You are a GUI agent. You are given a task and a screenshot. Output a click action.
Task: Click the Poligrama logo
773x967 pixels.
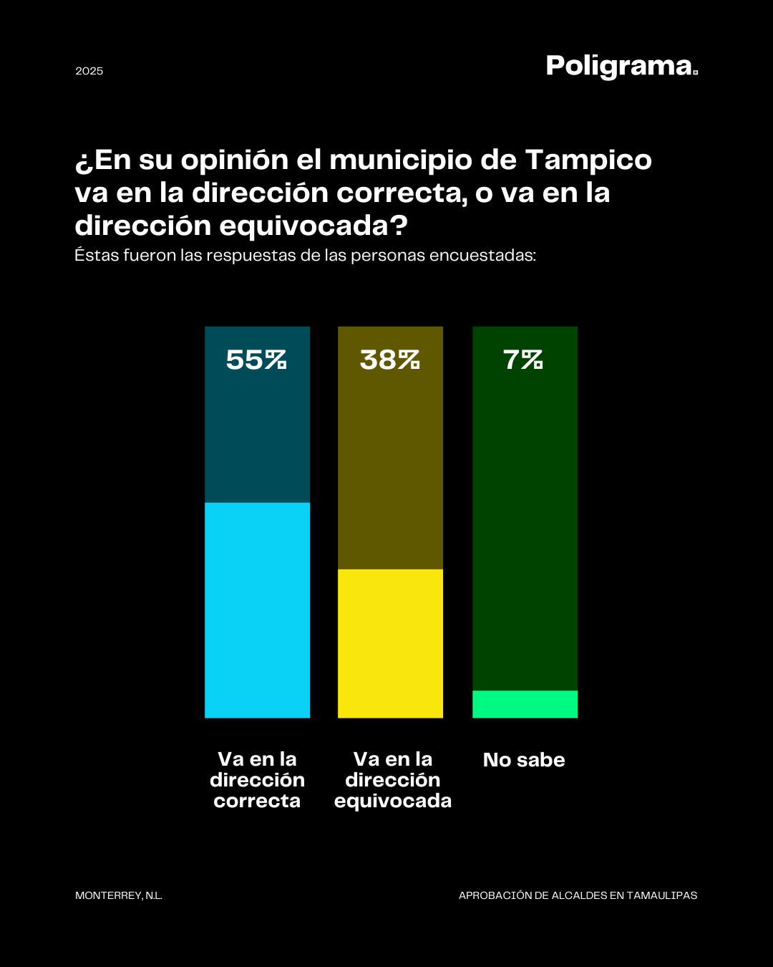(x=621, y=66)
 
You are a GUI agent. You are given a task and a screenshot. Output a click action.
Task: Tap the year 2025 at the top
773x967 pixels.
(x=89, y=71)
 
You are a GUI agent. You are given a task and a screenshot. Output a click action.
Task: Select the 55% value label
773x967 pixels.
(x=256, y=360)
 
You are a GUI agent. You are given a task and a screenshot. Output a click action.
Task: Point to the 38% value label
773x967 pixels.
(x=390, y=360)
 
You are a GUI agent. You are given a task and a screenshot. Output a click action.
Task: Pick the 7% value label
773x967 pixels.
(x=523, y=360)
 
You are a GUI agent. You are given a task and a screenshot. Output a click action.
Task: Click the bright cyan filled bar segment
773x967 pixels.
(x=257, y=610)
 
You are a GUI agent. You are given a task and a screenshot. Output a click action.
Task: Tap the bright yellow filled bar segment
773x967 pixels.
(x=390, y=643)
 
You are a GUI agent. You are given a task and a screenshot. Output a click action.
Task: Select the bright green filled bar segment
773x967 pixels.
(x=525, y=704)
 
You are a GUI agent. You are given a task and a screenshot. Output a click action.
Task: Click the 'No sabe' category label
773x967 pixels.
(x=524, y=760)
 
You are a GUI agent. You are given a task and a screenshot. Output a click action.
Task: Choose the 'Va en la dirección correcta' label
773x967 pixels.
(x=257, y=780)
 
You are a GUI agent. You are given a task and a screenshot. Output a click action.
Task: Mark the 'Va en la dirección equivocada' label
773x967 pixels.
(x=393, y=780)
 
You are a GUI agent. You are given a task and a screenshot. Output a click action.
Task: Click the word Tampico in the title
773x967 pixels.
(x=588, y=160)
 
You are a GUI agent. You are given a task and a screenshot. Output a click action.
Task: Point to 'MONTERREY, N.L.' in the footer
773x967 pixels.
(x=119, y=895)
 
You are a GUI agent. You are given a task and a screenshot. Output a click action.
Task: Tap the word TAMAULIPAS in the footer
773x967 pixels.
(x=662, y=895)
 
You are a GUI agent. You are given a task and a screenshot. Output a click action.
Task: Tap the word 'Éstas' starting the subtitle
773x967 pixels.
(x=97, y=256)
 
